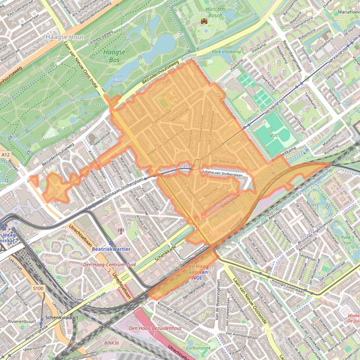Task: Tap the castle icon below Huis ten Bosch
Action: coord(204,21)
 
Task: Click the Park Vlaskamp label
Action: coord(223,52)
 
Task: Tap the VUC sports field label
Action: coord(274,135)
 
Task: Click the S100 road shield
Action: coord(38,288)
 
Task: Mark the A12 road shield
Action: coord(5,154)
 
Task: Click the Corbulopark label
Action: coord(199,348)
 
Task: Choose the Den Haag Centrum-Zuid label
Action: coord(103,265)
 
